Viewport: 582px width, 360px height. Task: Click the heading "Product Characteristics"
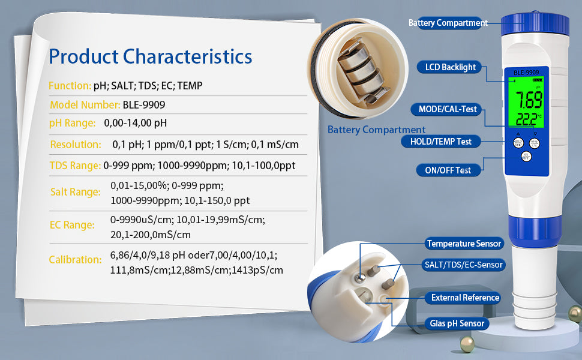151,57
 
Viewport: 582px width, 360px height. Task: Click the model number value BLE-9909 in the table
144,105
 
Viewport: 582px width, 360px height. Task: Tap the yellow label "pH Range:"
73,123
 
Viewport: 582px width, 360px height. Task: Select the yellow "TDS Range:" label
75,166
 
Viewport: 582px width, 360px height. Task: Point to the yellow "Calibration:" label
76,259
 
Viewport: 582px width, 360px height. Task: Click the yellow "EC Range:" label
72,225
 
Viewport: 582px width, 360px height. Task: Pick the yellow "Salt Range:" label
76,192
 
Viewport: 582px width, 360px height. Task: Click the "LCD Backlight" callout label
450,67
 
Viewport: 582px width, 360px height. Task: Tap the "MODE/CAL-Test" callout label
447,109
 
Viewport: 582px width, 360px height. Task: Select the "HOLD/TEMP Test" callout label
440,142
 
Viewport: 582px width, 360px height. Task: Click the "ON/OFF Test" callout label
448,170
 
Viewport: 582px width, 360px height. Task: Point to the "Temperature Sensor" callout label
464,244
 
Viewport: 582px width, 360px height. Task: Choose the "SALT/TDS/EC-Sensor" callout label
464,265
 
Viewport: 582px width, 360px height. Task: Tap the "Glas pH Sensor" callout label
457,323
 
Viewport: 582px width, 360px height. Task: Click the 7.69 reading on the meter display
529,100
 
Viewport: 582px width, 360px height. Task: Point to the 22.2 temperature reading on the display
526,119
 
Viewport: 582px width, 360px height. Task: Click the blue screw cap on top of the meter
535,25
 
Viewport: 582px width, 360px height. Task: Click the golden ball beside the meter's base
467,344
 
